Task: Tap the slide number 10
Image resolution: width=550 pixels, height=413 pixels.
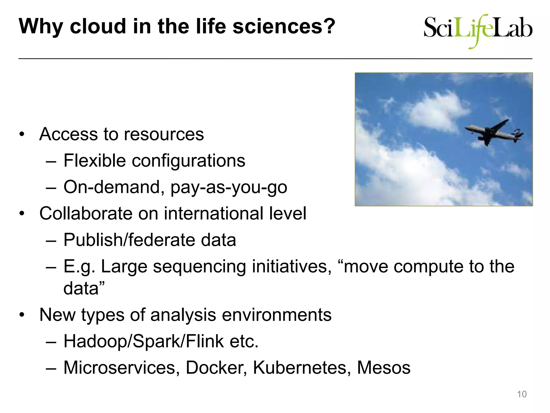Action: pyautogui.click(x=522, y=394)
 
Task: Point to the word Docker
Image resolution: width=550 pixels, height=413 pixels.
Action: pyautogui.click(x=216, y=368)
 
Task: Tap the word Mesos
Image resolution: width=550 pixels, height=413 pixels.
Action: pyautogui.click(x=383, y=368)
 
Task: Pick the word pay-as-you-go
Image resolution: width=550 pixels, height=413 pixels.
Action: pyautogui.click(x=229, y=187)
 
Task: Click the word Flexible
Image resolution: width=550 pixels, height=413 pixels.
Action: pyautogui.click(x=95, y=161)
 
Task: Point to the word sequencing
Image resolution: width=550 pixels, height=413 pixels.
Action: pyautogui.click(x=199, y=267)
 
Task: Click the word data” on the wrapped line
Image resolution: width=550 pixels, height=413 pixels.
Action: pyautogui.click(x=84, y=288)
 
